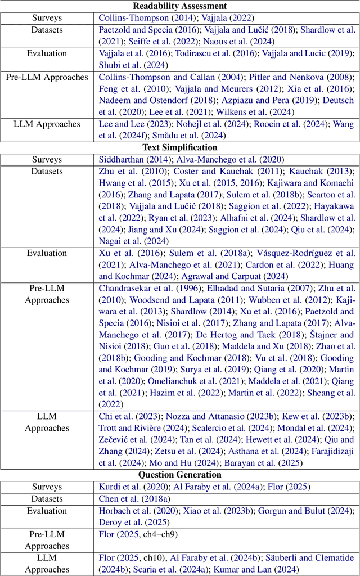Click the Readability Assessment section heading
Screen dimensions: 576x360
point(179,6)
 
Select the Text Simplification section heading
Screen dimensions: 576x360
point(179,147)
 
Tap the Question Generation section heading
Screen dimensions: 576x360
point(179,475)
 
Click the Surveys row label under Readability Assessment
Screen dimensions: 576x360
point(47,18)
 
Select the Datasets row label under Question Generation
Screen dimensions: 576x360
point(47,498)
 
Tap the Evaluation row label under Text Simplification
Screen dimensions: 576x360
point(47,253)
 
